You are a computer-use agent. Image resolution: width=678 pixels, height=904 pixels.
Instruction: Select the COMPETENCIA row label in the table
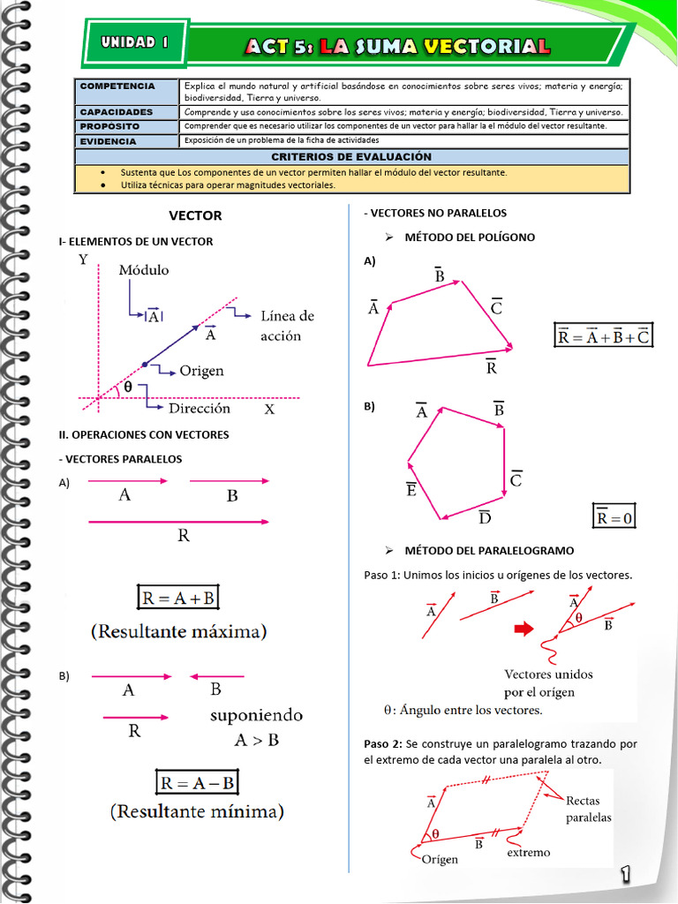point(117,87)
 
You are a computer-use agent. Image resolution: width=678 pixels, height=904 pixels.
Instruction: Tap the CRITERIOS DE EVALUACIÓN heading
point(351,155)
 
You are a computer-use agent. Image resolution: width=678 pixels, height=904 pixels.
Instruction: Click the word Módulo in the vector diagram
point(144,270)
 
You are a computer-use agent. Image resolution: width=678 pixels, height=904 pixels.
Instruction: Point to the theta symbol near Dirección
point(127,387)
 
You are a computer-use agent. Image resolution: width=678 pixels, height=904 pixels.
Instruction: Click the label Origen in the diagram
point(201,371)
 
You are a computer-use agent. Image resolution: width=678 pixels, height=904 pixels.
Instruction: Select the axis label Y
point(83,260)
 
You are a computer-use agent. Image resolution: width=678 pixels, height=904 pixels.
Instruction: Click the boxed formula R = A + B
point(178,598)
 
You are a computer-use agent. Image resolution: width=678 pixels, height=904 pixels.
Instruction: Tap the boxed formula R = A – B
point(196,782)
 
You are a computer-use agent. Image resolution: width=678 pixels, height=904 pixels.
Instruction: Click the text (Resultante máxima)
point(179,632)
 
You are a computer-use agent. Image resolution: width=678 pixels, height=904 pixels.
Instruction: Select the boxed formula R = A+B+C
point(603,336)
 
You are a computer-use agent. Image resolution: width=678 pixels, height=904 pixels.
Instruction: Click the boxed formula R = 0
point(614,517)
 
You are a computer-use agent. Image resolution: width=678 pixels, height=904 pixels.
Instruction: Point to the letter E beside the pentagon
point(411,488)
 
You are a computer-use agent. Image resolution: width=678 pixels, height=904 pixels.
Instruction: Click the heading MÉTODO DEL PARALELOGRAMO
point(489,550)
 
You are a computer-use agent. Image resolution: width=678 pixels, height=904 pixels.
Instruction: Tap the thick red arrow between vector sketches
point(524,629)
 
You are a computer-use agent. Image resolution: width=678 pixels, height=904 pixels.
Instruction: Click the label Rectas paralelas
point(588,809)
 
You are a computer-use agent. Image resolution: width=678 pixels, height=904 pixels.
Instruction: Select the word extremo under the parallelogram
point(528,852)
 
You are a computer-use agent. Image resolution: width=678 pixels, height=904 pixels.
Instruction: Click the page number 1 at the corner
point(625,874)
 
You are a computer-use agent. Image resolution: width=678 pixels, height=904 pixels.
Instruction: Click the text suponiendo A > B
point(256,727)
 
